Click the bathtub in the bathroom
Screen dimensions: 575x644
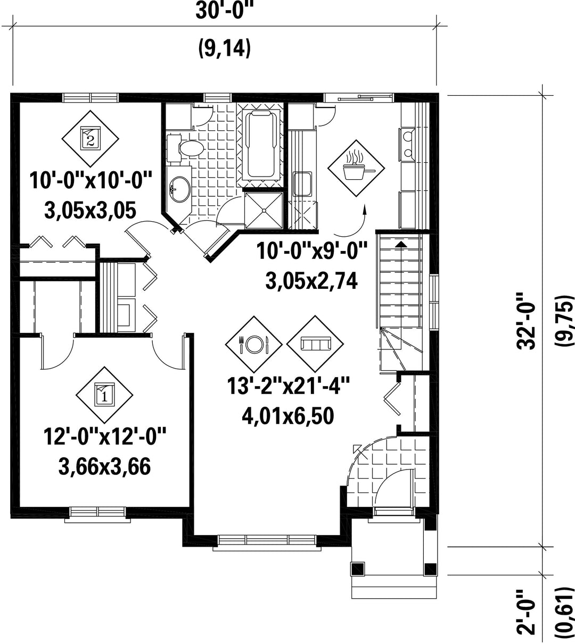click(261, 144)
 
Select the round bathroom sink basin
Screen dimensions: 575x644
click(180, 189)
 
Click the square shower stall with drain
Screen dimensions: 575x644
click(264, 210)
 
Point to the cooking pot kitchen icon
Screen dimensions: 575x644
click(356, 168)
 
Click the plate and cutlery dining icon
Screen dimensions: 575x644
click(253, 344)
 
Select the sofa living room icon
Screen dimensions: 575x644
click(315, 344)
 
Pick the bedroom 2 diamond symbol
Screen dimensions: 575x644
click(91, 138)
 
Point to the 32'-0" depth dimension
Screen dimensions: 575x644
click(527, 321)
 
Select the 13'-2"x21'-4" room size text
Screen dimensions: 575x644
click(288, 386)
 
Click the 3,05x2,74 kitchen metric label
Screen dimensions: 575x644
click(311, 281)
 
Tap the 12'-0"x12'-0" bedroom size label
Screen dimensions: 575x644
click(105, 437)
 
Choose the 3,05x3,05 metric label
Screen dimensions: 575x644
click(91, 211)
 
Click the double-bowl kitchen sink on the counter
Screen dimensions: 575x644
click(408, 145)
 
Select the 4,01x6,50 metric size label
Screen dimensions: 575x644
click(288, 416)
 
